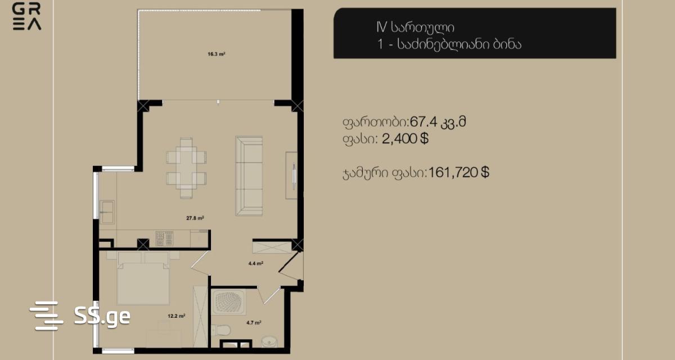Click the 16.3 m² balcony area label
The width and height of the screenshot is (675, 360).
coord(217,54)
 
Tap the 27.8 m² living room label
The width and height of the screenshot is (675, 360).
coord(195,218)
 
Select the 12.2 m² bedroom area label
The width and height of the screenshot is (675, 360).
coord(176,316)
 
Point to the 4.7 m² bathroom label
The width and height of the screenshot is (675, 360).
coord(254,323)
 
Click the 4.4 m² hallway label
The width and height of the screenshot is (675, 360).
coord(255,264)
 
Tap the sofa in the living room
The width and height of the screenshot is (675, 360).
coord(249,176)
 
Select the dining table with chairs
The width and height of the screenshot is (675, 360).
coord(186,168)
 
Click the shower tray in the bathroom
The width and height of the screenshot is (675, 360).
coord(229,302)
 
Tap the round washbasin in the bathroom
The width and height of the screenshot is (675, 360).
coord(269,342)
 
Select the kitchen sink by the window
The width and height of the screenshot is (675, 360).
coord(107,212)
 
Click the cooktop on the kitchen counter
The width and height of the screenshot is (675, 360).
coord(164,238)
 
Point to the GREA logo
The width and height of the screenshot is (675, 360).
coord(27,16)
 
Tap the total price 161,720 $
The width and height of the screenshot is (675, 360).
coord(458,173)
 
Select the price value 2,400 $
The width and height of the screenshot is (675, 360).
coord(405,139)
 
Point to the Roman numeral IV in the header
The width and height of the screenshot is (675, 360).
coord(381,27)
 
